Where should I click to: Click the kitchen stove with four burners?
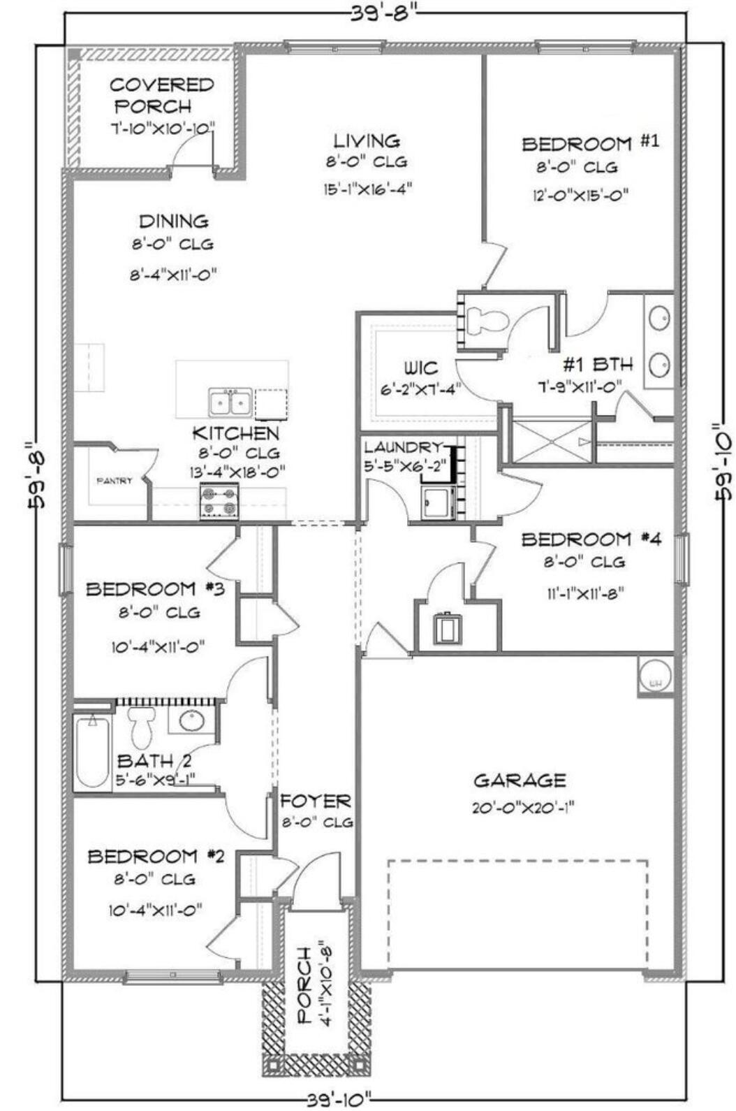click(219, 501)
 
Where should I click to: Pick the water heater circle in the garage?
click(655, 676)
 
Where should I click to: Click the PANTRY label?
click(114, 481)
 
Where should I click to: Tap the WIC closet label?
click(420, 368)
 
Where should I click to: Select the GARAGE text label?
click(520, 780)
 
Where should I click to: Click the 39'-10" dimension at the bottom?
click(339, 1101)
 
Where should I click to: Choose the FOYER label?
click(316, 801)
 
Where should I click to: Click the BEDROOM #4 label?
click(591, 539)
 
